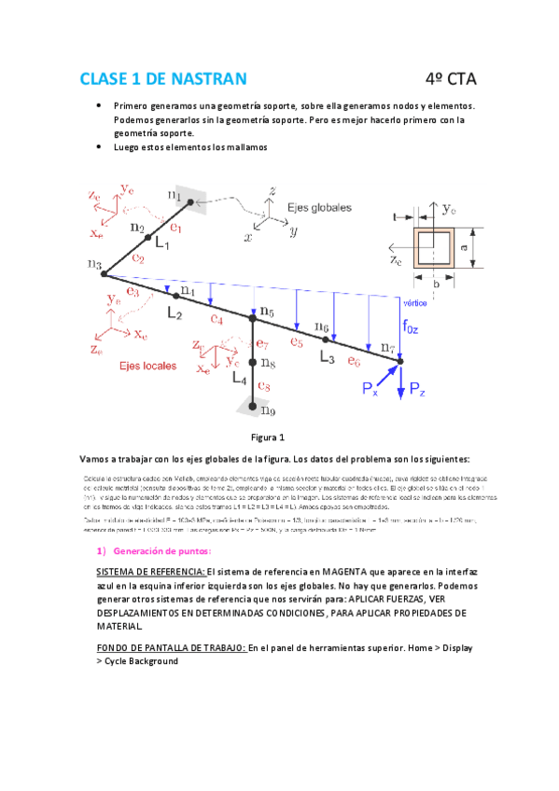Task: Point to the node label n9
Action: [x=268, y=409]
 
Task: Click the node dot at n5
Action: [x=252, y=318]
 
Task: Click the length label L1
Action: [x=162, y=243]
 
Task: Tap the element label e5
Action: [x=297, y=341]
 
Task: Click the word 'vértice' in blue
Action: [x=415, y=303]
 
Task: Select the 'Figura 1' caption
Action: [x=269, y=437]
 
